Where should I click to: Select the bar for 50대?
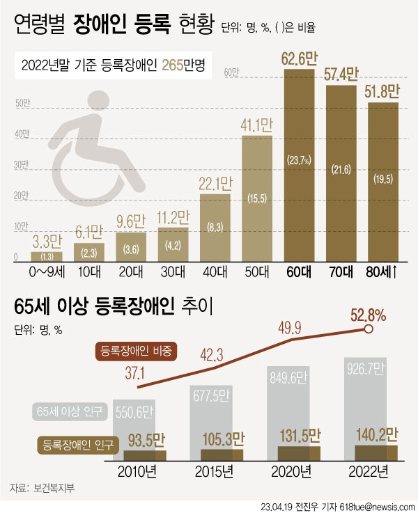[257, 198]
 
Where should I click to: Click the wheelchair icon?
[91, 157]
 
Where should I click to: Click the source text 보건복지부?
[53, 487]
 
